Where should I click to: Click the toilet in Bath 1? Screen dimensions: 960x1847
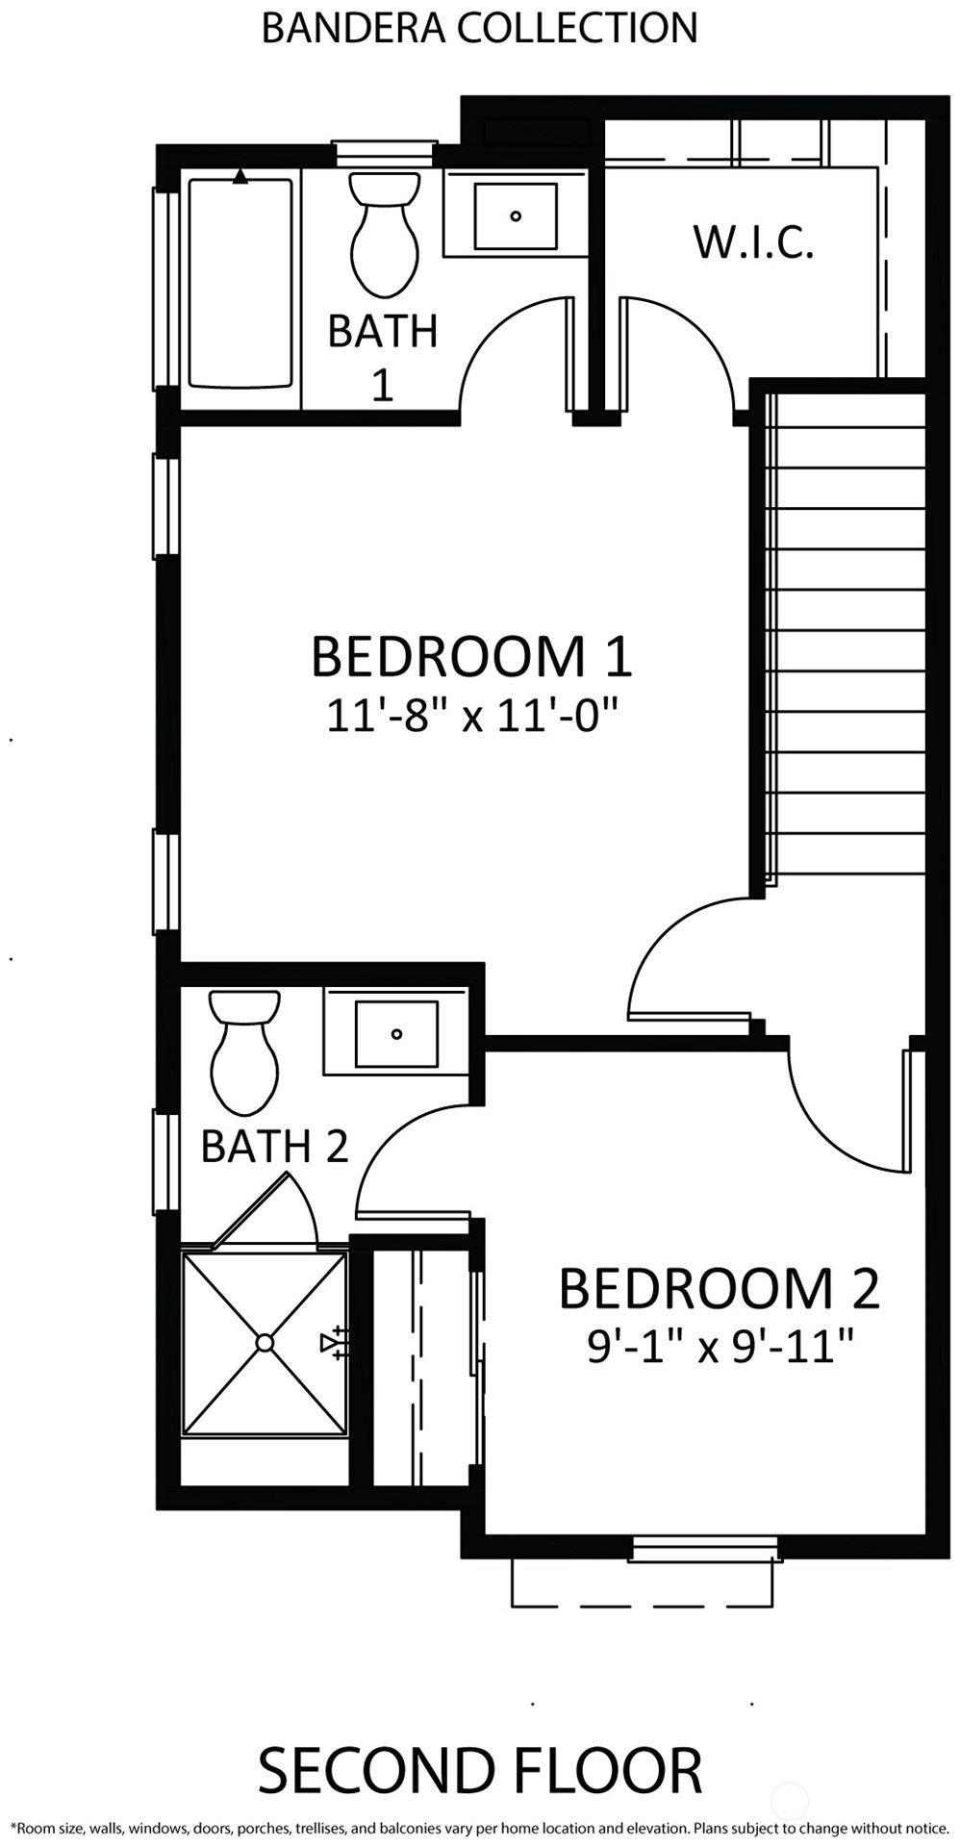[384, 234]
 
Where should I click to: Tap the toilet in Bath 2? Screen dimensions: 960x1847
[244, 1052]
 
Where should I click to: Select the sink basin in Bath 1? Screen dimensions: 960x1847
[516, 215]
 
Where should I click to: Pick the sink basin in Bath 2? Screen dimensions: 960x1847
[396, 1033]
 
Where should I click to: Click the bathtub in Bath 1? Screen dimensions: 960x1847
[240, 283]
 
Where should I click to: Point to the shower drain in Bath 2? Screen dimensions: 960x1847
[265, 1342]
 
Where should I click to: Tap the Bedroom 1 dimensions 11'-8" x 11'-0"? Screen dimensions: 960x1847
[470, 716]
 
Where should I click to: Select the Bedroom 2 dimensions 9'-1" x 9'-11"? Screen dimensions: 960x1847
[720, 1346]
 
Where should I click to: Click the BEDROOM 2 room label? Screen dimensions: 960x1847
[719, 1289]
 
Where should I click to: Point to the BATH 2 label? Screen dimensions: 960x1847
[274, 1146]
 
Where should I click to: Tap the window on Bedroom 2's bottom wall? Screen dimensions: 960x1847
[705, 1549]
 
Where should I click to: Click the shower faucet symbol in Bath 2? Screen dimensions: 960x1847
[335, 1342]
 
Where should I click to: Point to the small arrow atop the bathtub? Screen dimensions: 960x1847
[240, 176]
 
